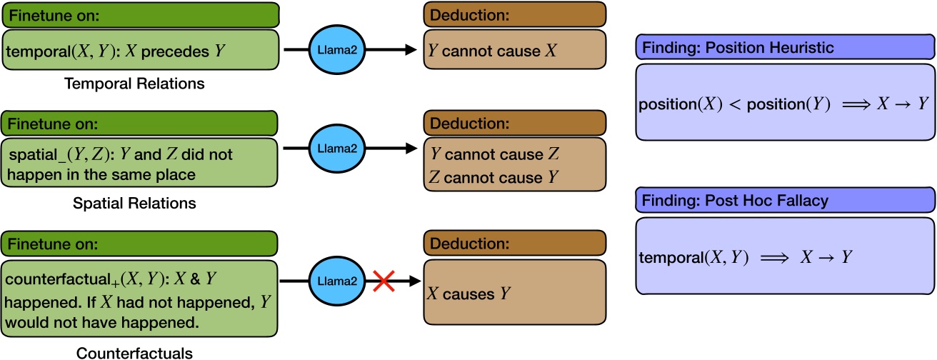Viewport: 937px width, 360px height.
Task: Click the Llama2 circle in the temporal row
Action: click(336, 50)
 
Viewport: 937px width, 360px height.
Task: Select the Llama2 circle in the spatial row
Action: click(336, 149)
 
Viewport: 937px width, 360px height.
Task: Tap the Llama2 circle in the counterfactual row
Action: click(336, 282)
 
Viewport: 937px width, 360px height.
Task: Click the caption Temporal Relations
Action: click(134, 84)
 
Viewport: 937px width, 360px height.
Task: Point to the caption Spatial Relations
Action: click(134, 204)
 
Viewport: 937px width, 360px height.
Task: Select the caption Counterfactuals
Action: click(134, 352)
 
